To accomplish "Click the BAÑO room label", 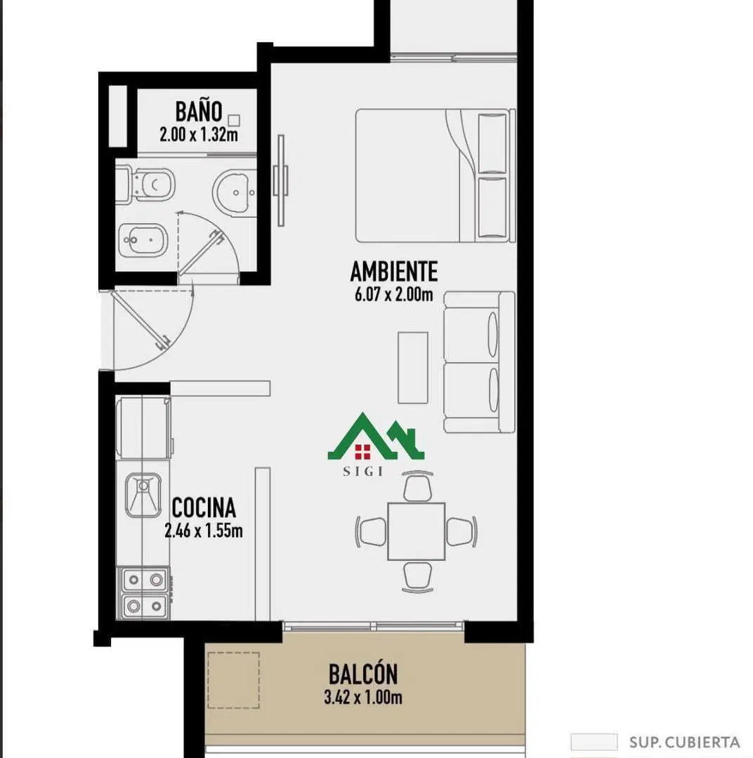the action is pos(198,111).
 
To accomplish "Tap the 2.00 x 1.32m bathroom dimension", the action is pos(198,134).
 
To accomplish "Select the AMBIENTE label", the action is pos(394,271).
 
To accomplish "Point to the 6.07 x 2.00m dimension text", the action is pos(394,294).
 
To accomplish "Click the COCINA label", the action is pos(204,507).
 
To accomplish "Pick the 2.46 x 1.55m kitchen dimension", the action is pos(203,531).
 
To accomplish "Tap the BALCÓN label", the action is pos(363,674).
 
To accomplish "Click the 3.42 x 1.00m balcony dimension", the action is pos(363,698).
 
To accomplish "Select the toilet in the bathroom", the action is pos(145,185).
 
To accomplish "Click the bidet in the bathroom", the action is pos(143,240).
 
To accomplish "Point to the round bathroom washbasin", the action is pos(235,192).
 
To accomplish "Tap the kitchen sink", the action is pos(143,495).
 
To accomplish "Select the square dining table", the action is pos(416,531).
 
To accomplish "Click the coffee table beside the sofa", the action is pos(413,367).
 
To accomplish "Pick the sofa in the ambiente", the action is pos(479,362).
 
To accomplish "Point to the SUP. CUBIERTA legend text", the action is pos(684,742).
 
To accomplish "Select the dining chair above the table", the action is pos(418,486).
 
